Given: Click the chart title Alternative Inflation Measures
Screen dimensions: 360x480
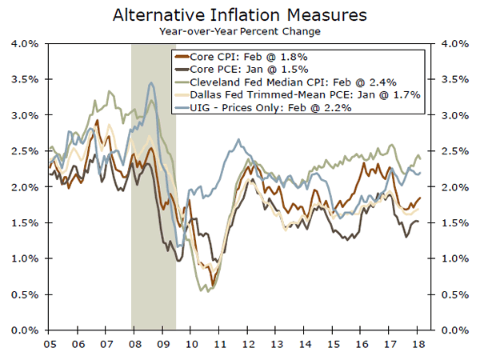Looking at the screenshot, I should [240, 14].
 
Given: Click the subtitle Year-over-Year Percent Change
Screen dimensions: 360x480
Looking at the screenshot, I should [240, 31].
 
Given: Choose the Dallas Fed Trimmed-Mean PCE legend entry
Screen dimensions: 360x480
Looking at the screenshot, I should [297, 94].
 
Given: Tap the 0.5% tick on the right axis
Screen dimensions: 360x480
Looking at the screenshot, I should [451, 294].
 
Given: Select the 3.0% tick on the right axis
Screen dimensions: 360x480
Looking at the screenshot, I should [451, 114].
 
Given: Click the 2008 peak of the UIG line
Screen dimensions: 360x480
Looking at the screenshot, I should [150, 82].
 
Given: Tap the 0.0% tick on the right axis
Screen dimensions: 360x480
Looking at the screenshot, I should [451, 330].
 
